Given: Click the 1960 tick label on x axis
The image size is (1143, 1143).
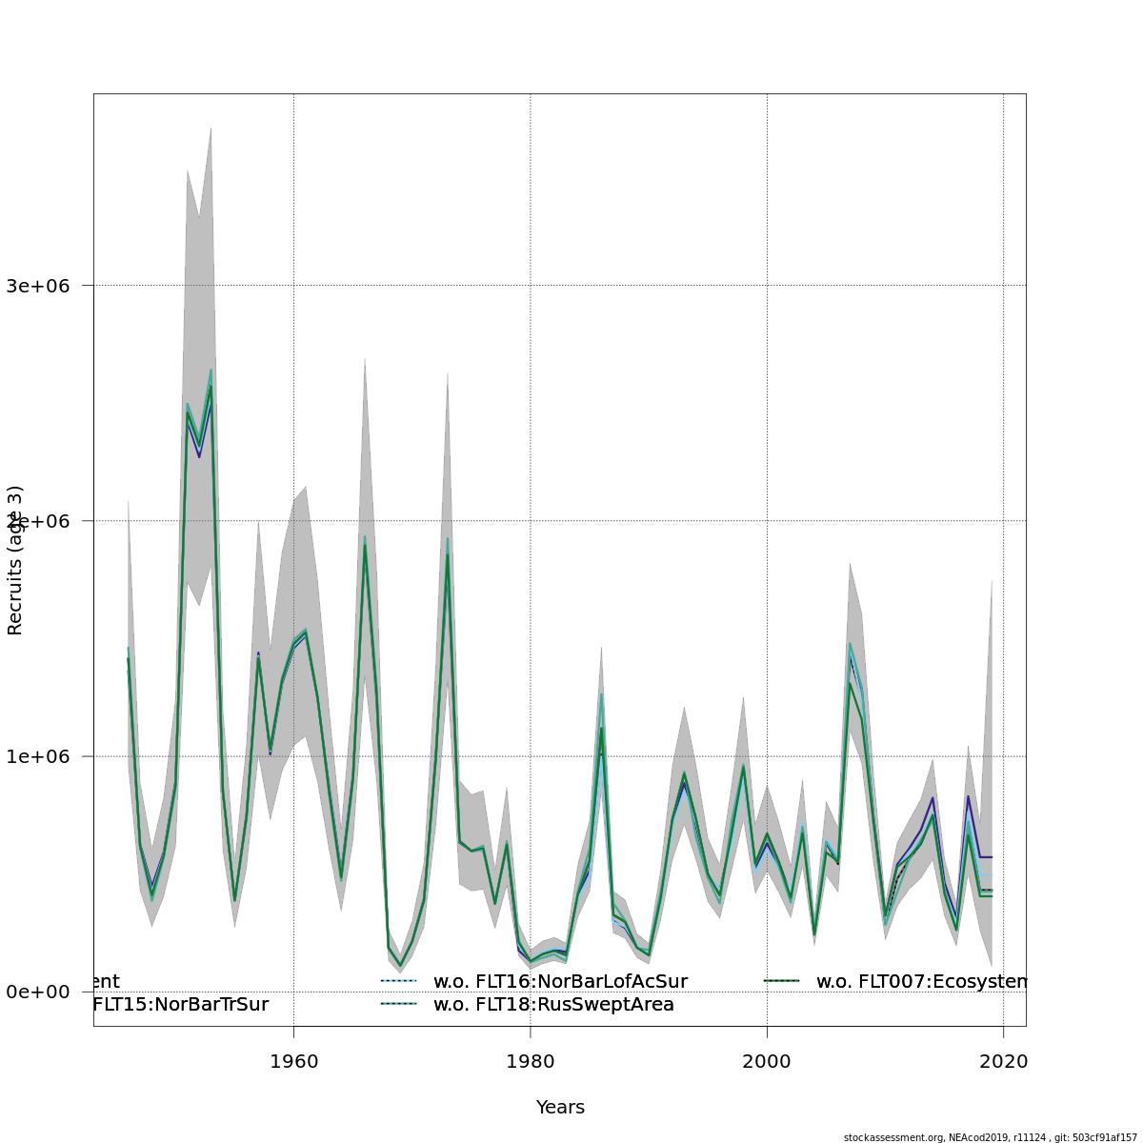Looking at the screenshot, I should [x=293, y=1061].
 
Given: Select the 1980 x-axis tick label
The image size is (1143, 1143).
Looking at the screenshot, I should [x=530, y=1061].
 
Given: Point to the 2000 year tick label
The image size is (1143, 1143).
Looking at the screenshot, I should [x=767, y=1061].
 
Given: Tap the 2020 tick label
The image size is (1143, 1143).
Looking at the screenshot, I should [x=1003, y=1061].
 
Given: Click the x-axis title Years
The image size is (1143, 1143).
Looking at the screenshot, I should [x=560, y=1107].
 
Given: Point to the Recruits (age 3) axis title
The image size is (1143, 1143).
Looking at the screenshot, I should [x=15, y=560].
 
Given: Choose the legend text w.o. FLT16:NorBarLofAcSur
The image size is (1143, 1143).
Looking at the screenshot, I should [x=560, y=981].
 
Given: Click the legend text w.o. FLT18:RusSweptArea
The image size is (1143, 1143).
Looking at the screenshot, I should [x=553, y=1004].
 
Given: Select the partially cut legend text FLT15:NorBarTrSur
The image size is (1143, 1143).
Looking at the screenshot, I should [x=181, y=1004].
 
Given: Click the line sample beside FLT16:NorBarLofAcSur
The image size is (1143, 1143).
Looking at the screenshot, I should [x=400, y=981].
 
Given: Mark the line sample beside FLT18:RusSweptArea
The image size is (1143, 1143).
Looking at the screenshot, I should [x=400, y=1004].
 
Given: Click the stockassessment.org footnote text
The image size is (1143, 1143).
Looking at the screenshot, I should [x=990, y=1137].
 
